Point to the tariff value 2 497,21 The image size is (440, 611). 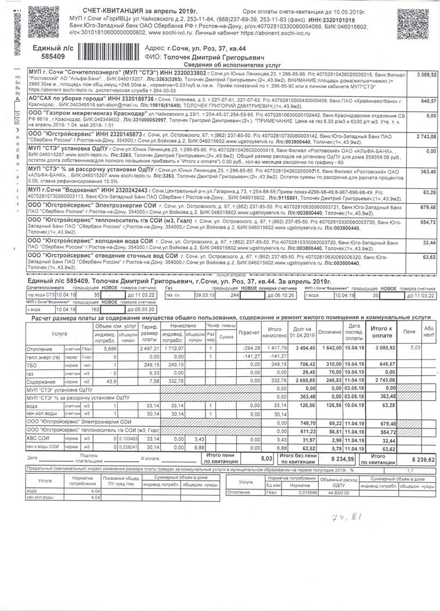(149, 347)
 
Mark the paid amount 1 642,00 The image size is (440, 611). (330, 347)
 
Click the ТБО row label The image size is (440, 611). (35, 364)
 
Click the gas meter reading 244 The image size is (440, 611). (235, 295)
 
